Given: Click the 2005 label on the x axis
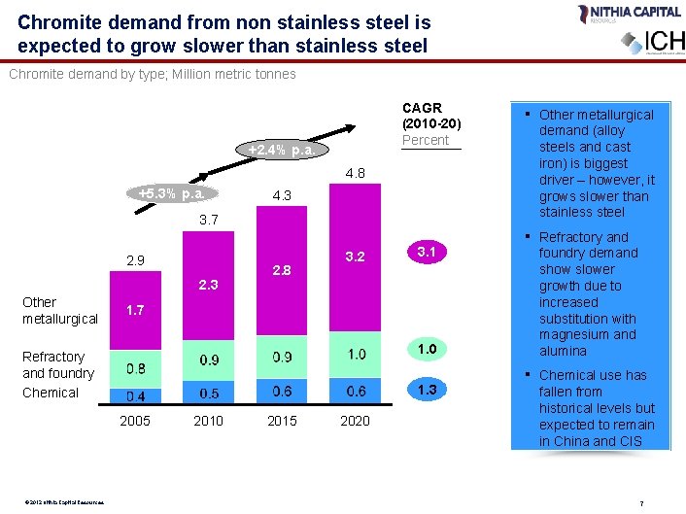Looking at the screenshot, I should (134, 421).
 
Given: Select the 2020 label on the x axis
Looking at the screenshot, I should (355, 421).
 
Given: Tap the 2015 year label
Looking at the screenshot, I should (282, 421).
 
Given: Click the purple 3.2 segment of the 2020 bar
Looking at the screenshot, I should (355, 257).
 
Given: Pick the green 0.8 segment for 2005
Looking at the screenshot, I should (135, 368).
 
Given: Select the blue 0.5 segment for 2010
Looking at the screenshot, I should (208, 393).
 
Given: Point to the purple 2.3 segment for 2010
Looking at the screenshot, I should (208, 286).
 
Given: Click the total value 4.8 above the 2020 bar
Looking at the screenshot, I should (355, 174).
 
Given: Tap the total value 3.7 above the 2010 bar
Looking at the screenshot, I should (208, 222).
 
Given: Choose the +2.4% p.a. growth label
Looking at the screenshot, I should (281, 151).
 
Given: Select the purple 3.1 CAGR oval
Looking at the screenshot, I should (426, 253).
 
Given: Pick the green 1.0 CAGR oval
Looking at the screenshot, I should (426, 349).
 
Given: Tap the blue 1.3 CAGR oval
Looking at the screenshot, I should (426, 390).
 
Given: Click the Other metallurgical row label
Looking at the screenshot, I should (59, 310).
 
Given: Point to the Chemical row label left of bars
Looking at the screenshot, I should (50, 393).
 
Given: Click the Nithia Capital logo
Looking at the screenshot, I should (614, 14).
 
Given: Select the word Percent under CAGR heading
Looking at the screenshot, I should (426, 140).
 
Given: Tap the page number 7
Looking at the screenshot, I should (642, 502).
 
